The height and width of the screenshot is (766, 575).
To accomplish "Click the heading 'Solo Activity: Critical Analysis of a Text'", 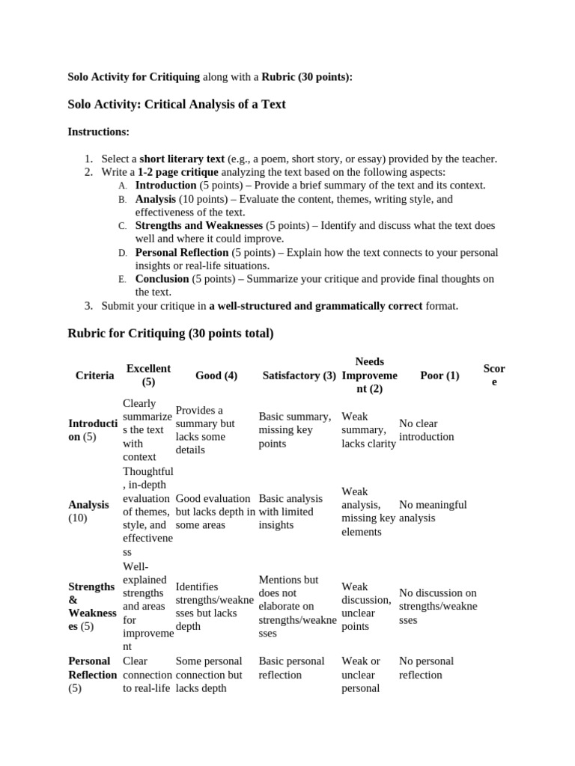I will point(177,104).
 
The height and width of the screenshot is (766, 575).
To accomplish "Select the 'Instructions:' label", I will point(98,132).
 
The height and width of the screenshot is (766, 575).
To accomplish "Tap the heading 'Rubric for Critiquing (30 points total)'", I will point(171,333).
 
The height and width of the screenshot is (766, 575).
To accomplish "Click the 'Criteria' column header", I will point(95,376).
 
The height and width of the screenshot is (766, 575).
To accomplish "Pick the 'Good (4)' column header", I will point(216,376).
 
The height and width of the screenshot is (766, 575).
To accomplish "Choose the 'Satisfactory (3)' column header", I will point(299,376).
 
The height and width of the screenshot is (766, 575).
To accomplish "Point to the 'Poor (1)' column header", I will point(439,376).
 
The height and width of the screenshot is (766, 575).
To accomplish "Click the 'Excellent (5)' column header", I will point(148,376).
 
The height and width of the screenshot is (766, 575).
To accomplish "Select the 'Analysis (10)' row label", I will point(88,511).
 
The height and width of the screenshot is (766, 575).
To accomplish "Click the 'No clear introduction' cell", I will point(427,430).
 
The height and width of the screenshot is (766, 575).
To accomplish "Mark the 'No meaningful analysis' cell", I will point(432,511).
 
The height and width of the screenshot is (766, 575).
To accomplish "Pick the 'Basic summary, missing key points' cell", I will point(294,430).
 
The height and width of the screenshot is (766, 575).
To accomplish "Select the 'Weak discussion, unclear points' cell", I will point(366,606).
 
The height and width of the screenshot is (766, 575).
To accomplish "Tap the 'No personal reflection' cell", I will point(426,667).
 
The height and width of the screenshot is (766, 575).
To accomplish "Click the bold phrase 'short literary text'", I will point(182,159).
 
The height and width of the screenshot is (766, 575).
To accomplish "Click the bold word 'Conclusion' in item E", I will point(162,279).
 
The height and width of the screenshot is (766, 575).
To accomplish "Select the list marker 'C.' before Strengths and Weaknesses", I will point(122,226).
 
